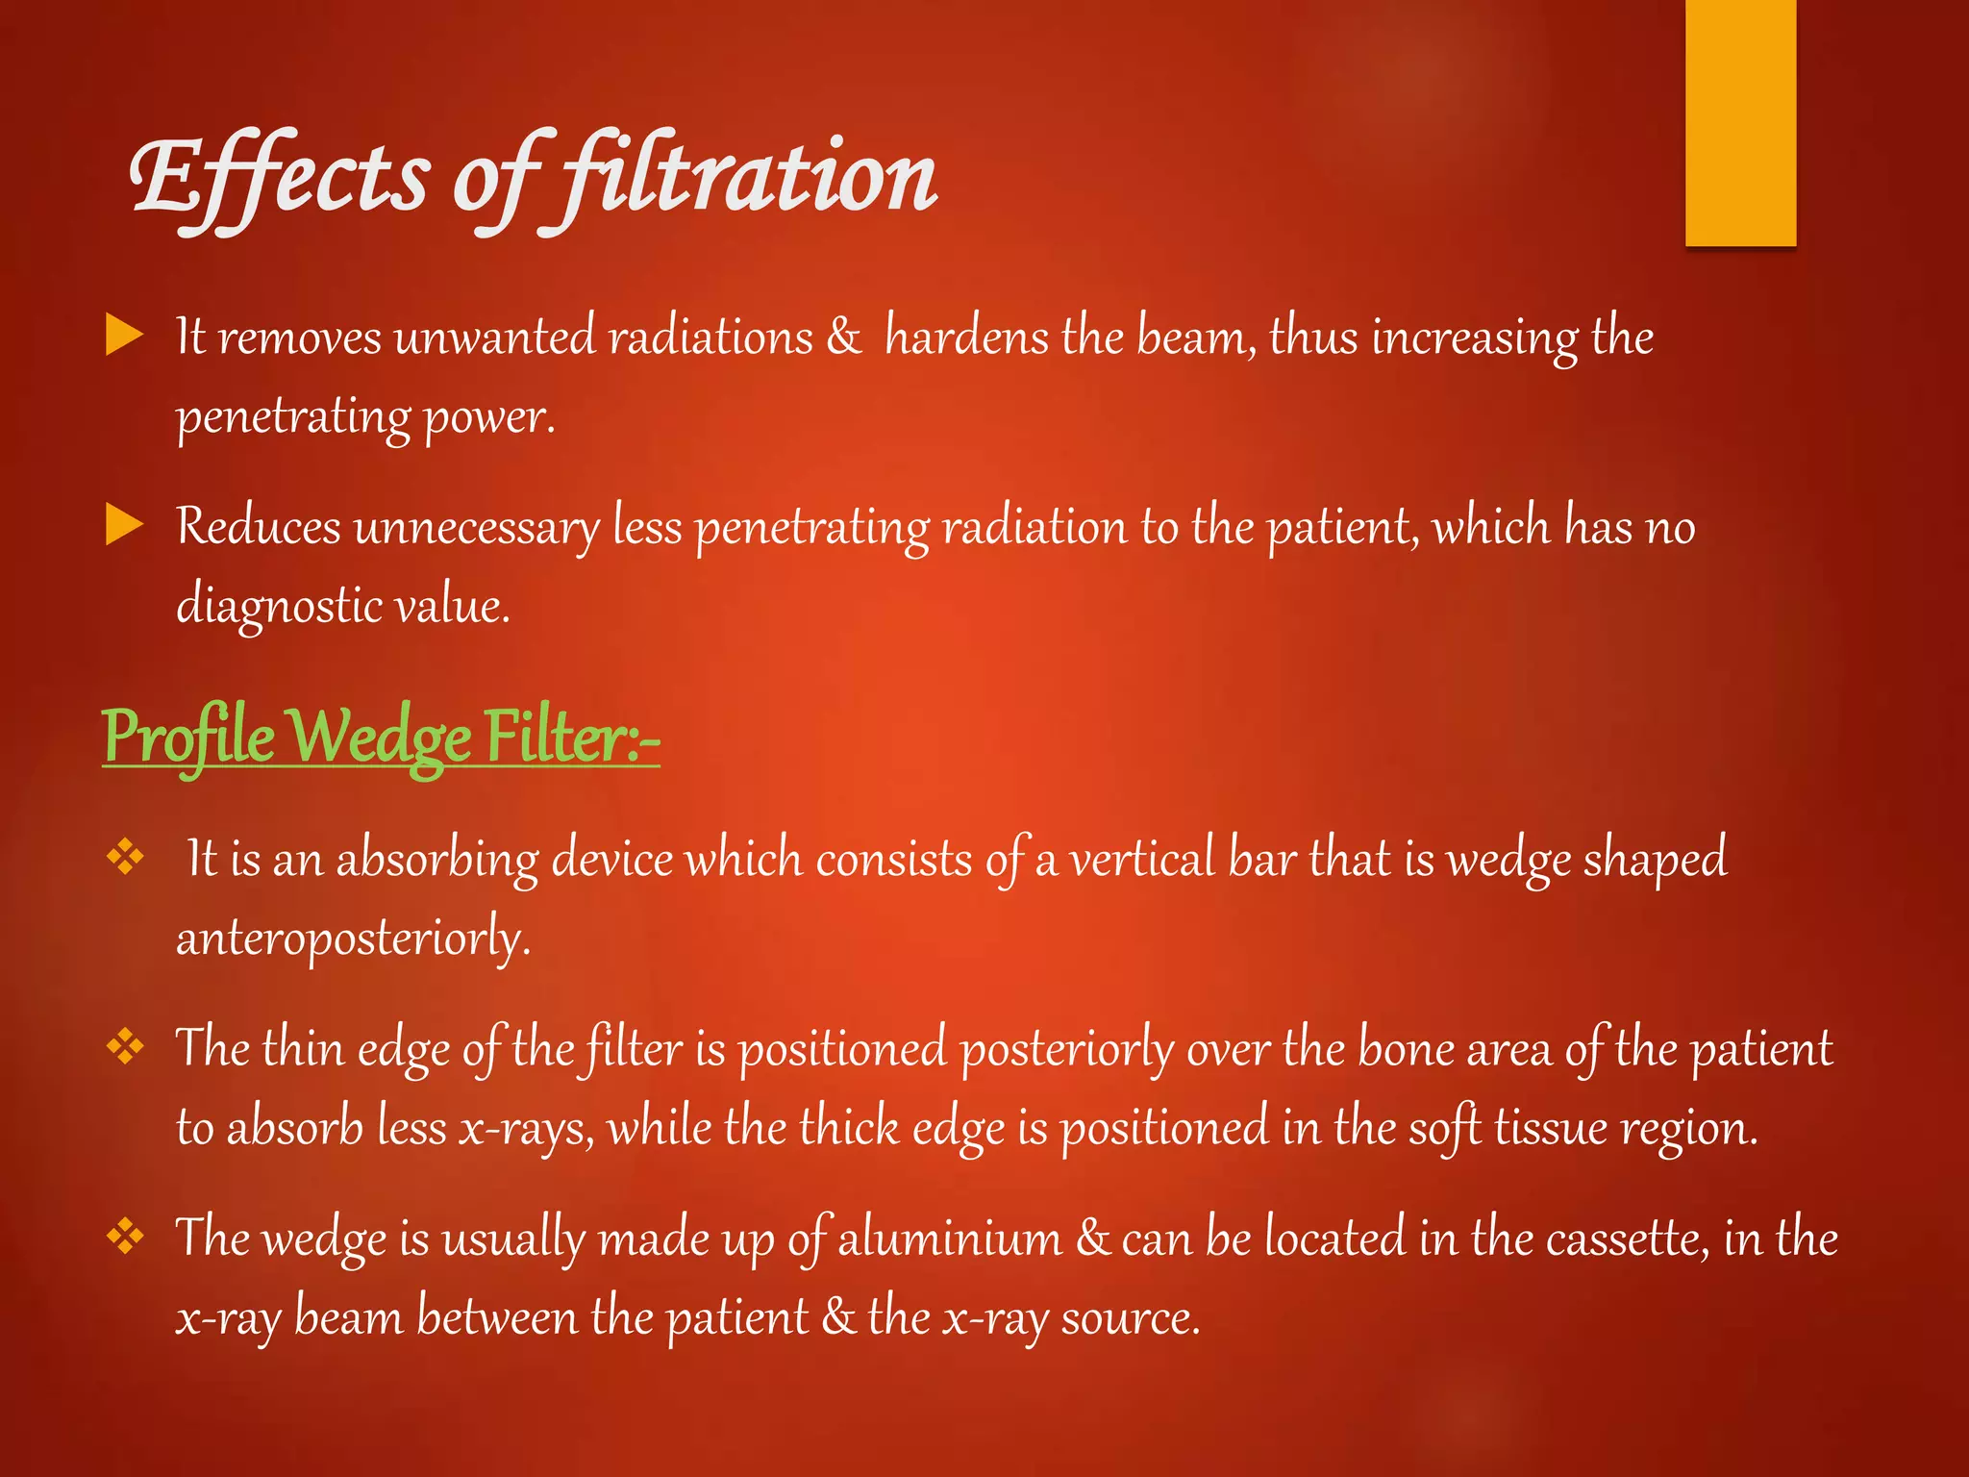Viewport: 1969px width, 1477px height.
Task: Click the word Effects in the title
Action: [279, 178]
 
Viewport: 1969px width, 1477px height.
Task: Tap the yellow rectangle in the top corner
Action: [1740, 123]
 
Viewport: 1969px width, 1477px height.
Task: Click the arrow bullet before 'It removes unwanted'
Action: [124, 336]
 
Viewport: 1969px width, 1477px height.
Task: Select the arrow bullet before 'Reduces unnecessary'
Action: [124, 526]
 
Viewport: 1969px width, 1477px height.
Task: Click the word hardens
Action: [966, 337]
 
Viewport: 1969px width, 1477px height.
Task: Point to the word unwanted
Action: [495, 337]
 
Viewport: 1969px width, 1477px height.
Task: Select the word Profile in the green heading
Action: [188, 737]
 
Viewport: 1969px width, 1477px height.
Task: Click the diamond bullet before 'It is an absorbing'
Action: [125, 856]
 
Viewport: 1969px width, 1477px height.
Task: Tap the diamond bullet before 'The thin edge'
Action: [125, 1045]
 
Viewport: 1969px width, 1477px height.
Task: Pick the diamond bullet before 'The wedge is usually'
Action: [125, 1236]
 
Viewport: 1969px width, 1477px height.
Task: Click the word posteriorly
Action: [1067, 1048]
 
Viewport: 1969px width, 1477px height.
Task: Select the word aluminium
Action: [950, 1238]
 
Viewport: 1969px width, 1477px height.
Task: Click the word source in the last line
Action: [1130, 1317]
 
